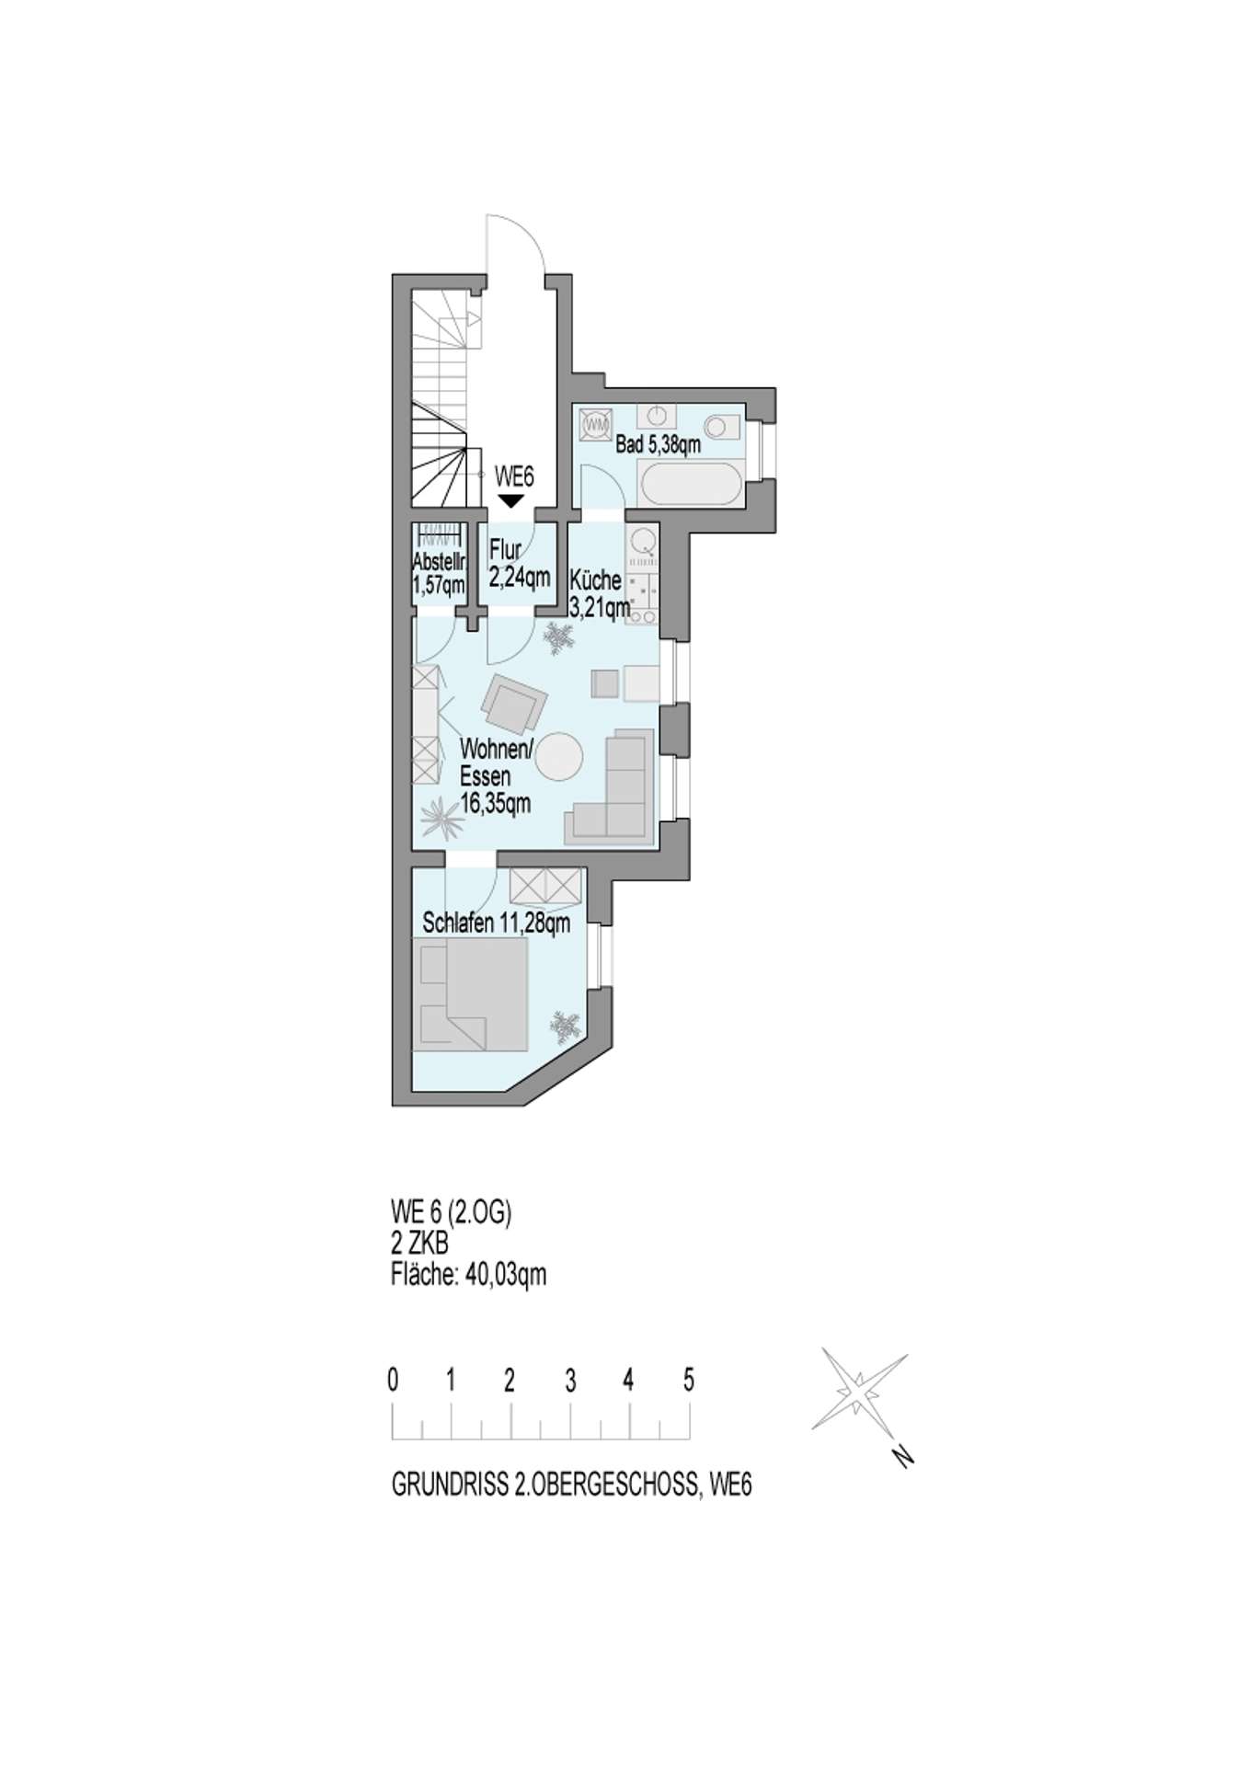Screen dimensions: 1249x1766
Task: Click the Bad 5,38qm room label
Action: (x=658, y=445)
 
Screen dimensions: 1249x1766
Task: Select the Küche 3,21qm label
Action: (x=600, y=594)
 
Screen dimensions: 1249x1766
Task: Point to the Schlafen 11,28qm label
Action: (x=496, y=922)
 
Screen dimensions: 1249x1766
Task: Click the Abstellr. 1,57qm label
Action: (x=439, y=573)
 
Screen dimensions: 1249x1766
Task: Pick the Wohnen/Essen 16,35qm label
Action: (x=496, y=776)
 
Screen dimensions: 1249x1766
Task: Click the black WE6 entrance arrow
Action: (x=510, y=500)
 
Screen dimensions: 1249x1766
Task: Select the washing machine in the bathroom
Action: (x=596, y=424)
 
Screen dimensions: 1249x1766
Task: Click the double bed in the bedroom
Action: (x=474, y=995)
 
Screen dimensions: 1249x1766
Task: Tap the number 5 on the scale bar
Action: (x=689, y=1380)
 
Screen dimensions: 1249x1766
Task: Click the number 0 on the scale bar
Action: (x=394, y=1380)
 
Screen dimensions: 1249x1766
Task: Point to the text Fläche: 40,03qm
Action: (x=469, y=1275)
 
